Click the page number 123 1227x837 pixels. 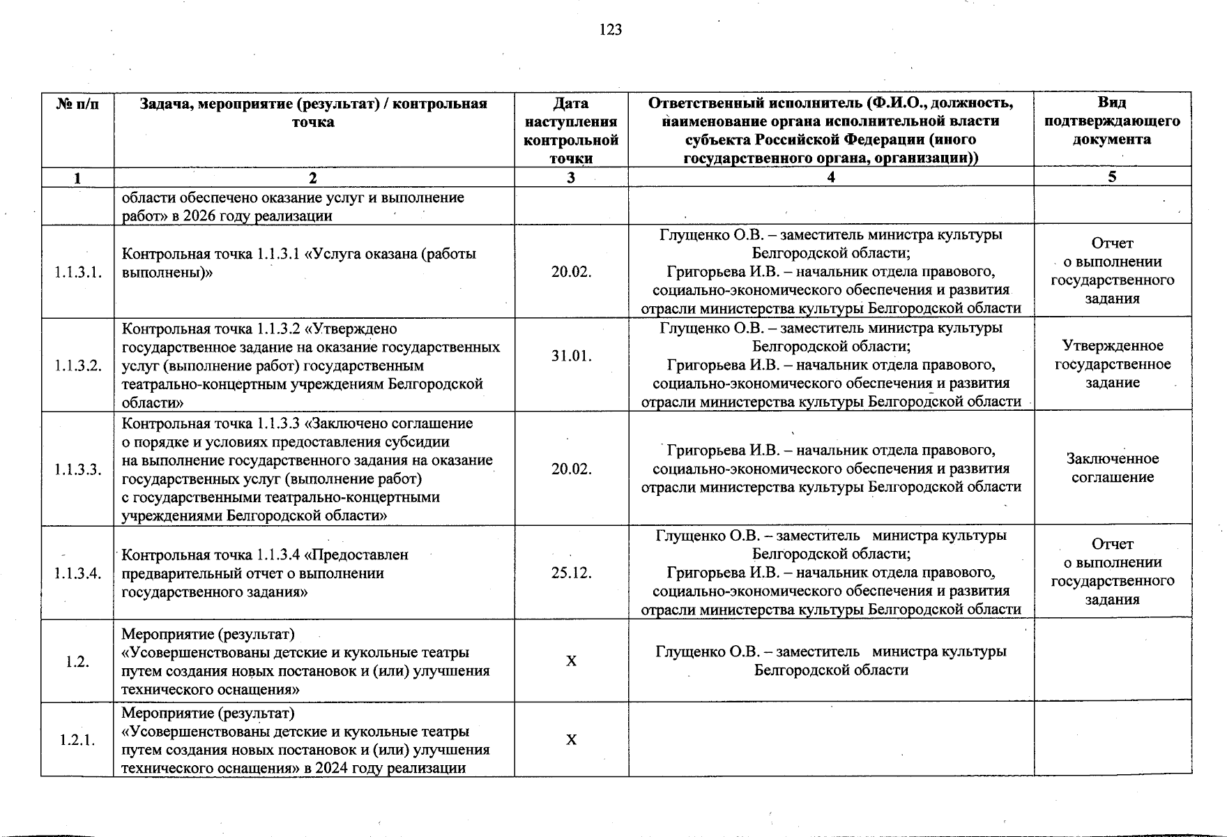[610, 29]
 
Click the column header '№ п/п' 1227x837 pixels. [77, 104]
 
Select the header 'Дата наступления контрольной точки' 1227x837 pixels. [571, 130]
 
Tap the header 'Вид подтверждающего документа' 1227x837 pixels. [1112, 121]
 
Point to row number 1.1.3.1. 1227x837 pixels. [78, 272]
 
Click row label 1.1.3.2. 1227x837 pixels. [78, 365]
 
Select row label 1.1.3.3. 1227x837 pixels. [78, 469]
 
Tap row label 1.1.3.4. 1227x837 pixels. [78, 573]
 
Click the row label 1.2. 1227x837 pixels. [78, 661]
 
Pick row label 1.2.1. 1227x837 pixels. [78, 740]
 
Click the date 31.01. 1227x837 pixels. [571, 356]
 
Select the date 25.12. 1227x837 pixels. [571, 573]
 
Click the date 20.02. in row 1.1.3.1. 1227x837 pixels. [571, 272]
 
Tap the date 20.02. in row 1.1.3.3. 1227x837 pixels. [571, 469]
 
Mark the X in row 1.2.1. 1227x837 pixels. [571, 740]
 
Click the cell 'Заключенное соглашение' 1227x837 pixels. [1112, 468]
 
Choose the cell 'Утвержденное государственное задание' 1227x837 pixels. [1112, 364]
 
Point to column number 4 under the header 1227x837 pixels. [830, 177]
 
